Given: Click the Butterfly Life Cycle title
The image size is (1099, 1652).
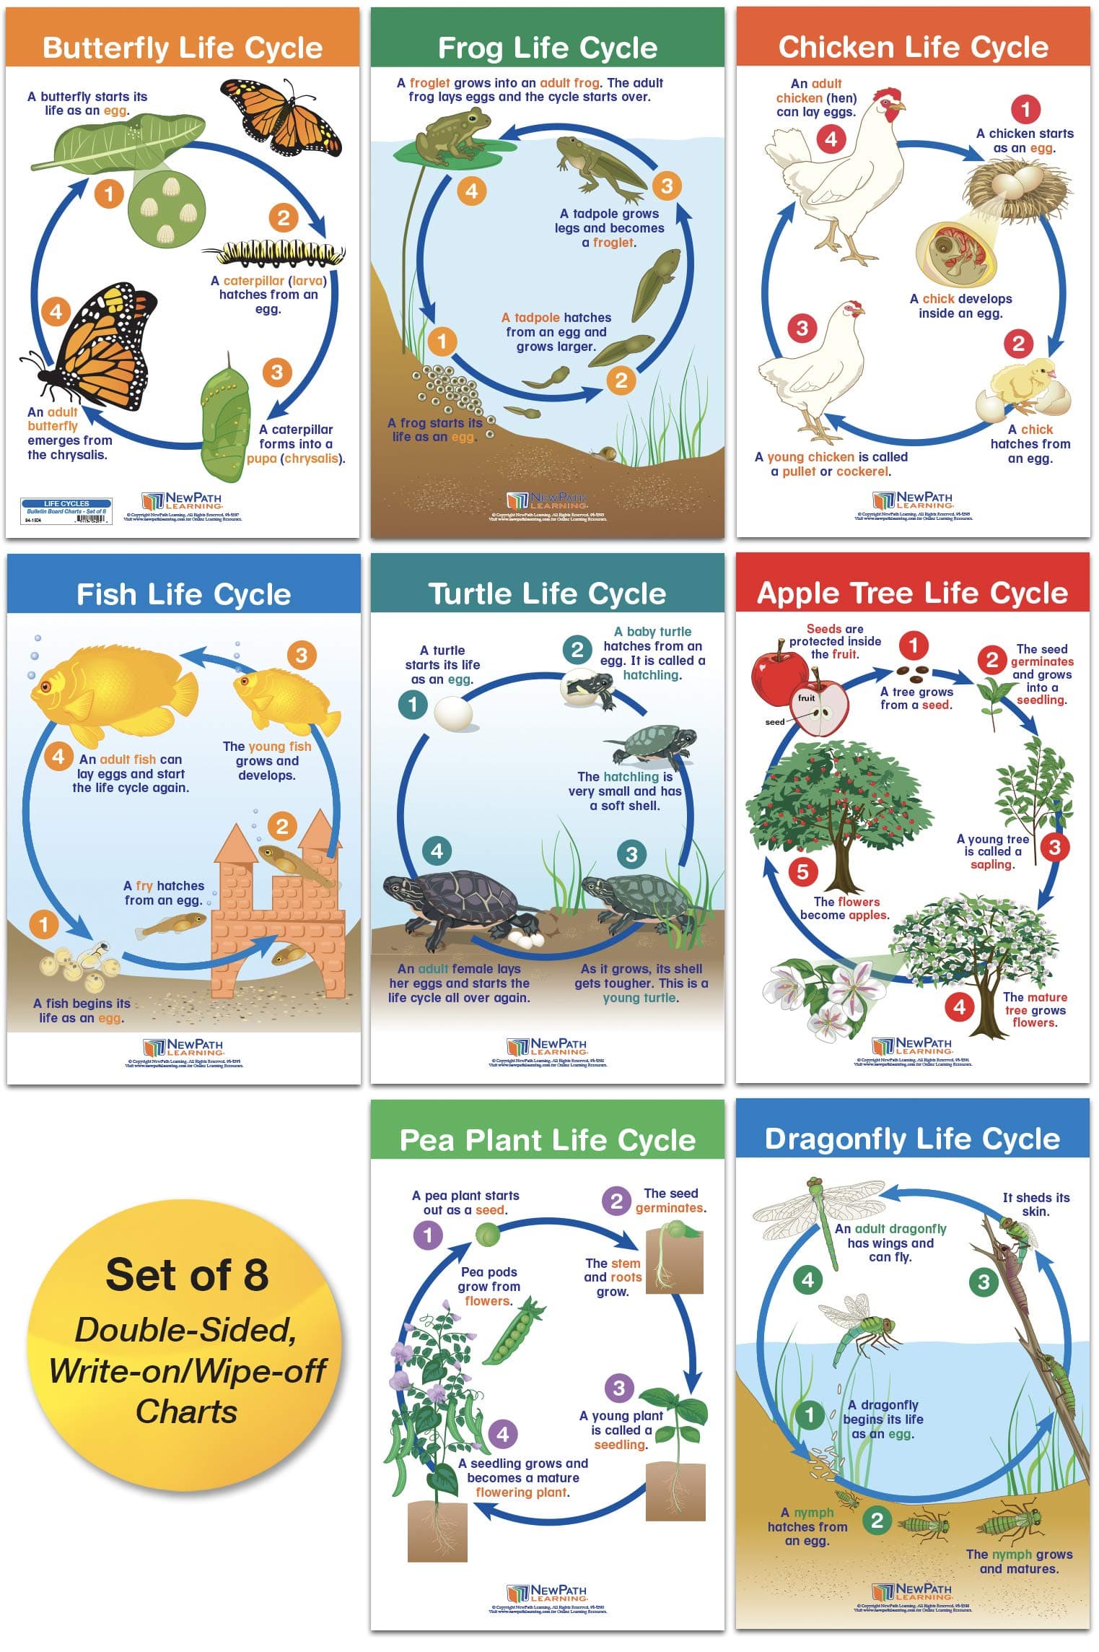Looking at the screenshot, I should (182, 48).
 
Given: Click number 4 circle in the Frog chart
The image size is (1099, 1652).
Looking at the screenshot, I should (471, 191).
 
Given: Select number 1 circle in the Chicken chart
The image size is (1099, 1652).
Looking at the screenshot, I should (1025, 110).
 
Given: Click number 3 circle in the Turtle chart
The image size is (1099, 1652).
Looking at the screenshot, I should (631, 854).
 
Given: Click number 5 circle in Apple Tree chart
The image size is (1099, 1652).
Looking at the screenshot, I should (802, 871).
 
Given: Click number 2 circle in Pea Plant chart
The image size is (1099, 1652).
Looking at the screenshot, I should (616, 1201).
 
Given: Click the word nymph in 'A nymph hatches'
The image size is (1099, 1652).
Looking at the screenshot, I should (813, 1513).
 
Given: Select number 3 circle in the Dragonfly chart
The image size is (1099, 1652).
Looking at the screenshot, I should (983, 1282).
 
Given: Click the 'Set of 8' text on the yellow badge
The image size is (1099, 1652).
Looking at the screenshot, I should (187, 1274).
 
